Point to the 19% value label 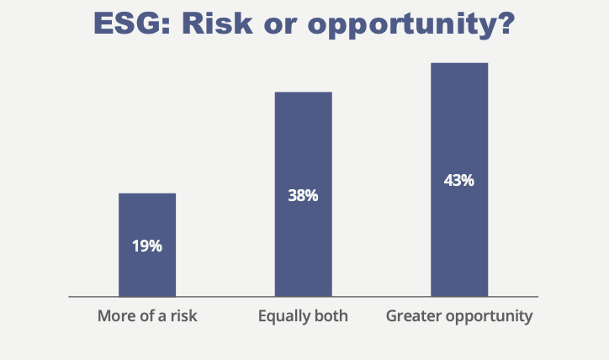click(x=147, y=246)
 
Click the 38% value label click(x=303, y=196)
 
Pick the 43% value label click(x=459, y=180)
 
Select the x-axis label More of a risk click(x=147, y=317)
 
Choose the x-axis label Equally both click(x=303, y=317)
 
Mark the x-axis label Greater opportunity click(x=459, y=317)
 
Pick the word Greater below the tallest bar click(x=412, y=317)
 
